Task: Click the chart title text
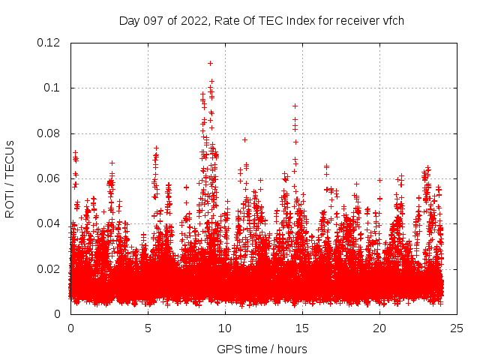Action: click(262, 20)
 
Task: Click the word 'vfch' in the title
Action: click(392, 20)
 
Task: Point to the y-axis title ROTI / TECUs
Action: click(10, 178)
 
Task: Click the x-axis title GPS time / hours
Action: click(262, 349)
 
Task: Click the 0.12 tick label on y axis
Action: click(49, 43)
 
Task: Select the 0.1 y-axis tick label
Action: click(52, 88)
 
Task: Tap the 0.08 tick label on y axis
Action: click(49, 133)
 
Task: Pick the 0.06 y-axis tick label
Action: click(49, 178)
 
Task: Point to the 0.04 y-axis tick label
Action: click(49, 223)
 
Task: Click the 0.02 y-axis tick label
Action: click(49, 269)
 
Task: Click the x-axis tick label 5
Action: click(148, 328)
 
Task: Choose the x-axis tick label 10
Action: click(225, 328)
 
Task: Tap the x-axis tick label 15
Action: click(302, 328)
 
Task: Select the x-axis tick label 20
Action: click(380, 328)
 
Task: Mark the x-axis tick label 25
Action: click(457, 328)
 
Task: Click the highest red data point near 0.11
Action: click(211, 63)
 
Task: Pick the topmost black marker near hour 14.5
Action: click(295, 106)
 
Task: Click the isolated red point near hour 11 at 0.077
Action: click(244, 139)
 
